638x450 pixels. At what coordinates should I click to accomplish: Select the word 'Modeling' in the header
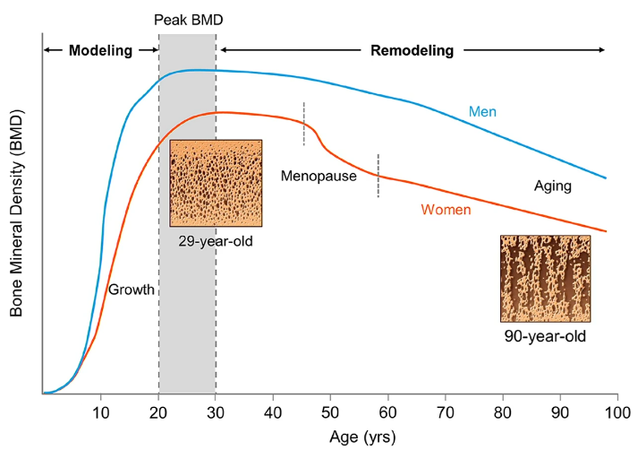[x=99, y=50]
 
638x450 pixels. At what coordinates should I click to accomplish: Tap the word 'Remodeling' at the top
[x=413, y=50]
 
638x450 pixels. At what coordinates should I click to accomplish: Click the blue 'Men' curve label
[x=482, y=112]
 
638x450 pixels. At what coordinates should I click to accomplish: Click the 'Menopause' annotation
[x=319, y=176]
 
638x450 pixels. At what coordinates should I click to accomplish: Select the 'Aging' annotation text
[x=552, y=186]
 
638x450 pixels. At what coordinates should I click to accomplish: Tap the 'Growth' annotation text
[x=132, y=290]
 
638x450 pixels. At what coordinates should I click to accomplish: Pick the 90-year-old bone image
[x=545, y=278]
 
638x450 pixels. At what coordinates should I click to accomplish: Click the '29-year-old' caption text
[x=216, y=240]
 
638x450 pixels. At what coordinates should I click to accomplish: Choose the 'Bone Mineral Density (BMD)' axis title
[x=16, y=215]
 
